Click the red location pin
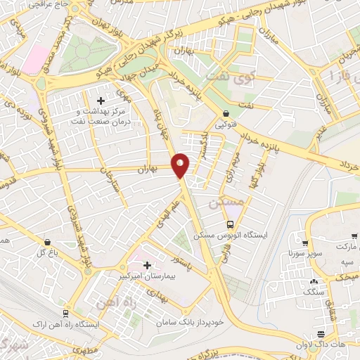(181, 165)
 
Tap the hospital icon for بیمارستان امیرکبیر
(147, 265)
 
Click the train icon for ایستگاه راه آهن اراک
(65, 314)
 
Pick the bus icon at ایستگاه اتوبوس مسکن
(230, 224)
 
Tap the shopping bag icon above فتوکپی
(226, 113)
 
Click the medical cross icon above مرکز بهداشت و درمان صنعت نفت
(101, 101)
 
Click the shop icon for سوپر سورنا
(304, 241)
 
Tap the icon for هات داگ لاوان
(321, 334)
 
